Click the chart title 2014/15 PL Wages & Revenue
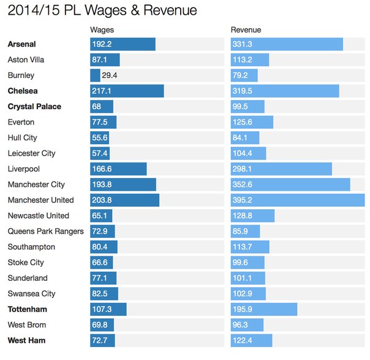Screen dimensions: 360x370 pyautogui.click(x=103, y=11)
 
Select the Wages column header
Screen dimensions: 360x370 pyautogui.click(x=102, y=29)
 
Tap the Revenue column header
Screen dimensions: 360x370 pyautogui.click(x=246, y=29)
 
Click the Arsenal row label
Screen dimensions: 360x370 pyautogui.click(x=22, y=44)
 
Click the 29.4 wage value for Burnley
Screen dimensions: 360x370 pyautogui.click(x=111, y=75)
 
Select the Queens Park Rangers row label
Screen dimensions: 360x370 pyautogui.click(x=45, y=231)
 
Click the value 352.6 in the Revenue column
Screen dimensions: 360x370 pyautogui.click(x=244, y=185)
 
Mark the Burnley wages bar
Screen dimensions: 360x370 pyautogui.click(x=95, y=75)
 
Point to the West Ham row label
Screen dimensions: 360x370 pyautogui.click(x=26, y=340)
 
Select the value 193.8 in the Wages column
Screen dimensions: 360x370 pyautogui.click(x=102, y=185)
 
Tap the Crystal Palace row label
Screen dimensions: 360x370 pyautogui.click(x=34, y=107)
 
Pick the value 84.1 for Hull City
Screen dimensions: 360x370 pyautogui.click(x=241, y=138)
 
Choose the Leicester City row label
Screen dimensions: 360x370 pyautogui.click(x=31, y=153)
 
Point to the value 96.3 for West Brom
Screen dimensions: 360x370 pyautogui.click(x=241, y=324)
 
